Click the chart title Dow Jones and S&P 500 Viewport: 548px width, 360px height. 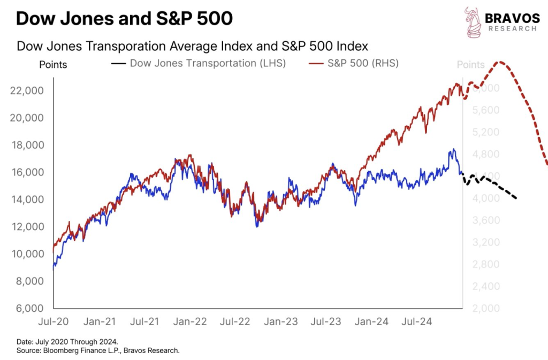(x=124, y=19)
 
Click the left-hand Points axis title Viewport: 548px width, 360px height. (x=53, y=65)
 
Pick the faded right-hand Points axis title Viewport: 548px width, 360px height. (x=470, y=65)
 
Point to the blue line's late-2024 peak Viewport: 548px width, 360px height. (x=453, y=149)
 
